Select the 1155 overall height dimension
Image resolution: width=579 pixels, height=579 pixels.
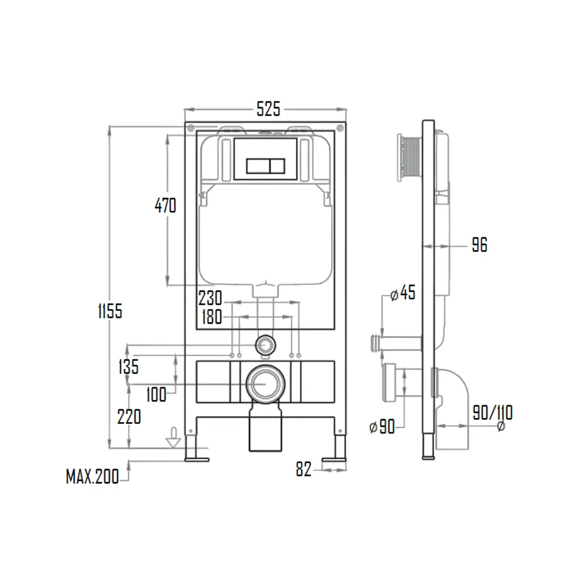[109, 311]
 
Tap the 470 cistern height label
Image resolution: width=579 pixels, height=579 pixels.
[165, 205]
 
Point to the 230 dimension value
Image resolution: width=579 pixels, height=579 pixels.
[210, 299]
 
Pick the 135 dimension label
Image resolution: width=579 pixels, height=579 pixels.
[127, 366]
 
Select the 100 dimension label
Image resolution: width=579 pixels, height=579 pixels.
[156, 395]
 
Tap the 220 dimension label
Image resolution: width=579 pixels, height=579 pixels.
[129, 416]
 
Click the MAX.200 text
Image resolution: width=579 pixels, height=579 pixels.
[92, 477]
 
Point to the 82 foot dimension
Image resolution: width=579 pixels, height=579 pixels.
[303, 470]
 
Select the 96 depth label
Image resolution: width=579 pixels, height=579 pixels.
[479, 245]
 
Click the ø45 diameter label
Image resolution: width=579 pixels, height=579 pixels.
[403, 293]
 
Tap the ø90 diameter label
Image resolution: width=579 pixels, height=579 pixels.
[382, 427]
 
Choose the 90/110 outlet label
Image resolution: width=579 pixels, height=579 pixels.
[492, 413]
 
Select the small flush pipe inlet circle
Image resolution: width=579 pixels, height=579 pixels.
[265, 345]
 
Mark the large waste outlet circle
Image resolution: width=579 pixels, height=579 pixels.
[265, 383]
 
